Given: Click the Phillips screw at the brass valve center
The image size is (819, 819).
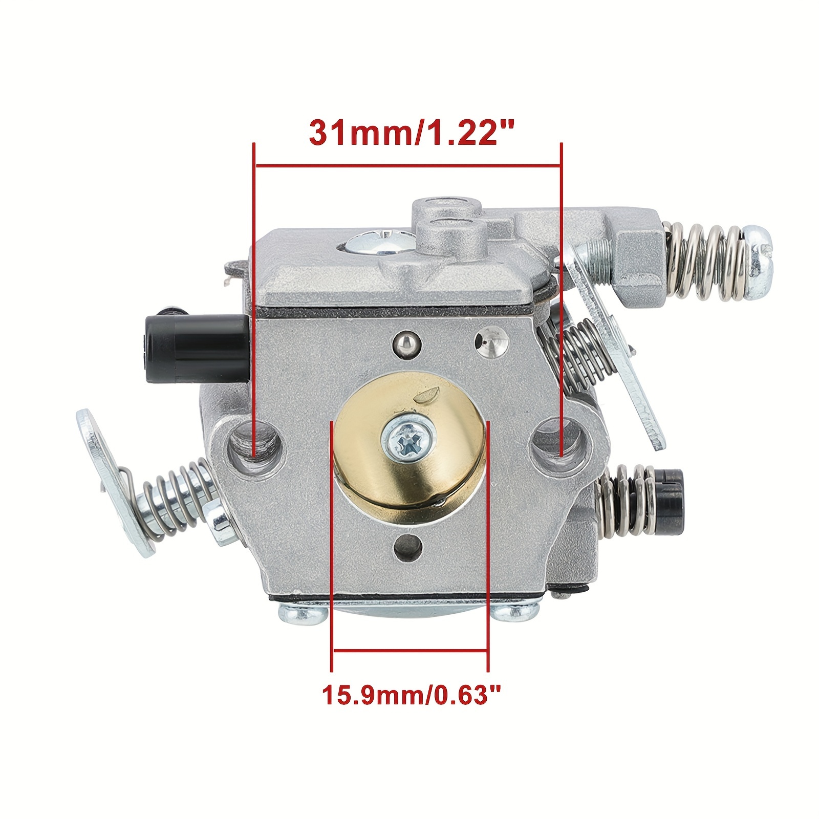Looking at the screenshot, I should pos(408,441).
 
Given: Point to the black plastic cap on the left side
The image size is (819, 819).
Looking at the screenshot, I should pos(218,341).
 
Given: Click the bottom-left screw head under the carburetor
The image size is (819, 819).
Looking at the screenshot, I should pos(303,613).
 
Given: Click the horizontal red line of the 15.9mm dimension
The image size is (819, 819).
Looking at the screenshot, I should pos(409,650).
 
